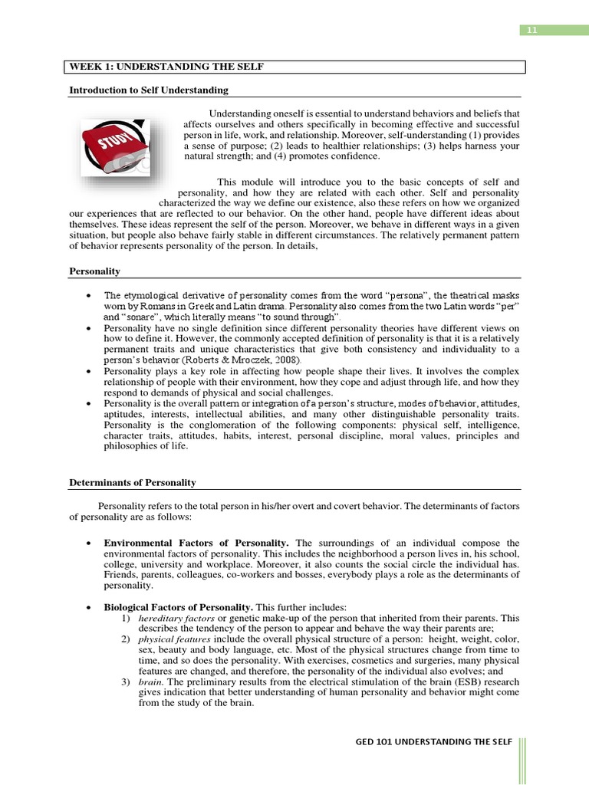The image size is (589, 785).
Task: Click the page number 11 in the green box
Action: tap(531, 30)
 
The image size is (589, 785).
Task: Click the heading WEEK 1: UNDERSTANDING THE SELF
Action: tap(166, 67)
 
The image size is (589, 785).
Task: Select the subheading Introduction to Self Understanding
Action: tap(149, 90)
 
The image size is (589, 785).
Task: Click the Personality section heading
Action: tap(94, 271)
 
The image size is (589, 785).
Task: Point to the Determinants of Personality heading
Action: tap(133, 482)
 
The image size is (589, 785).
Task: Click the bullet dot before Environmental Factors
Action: tap(90, 543)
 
